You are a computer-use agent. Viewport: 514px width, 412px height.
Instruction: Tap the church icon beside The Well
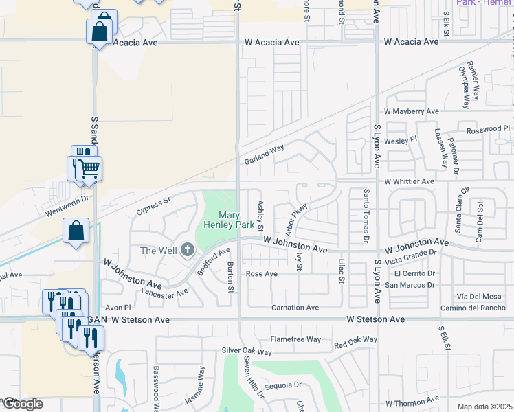point(188,251)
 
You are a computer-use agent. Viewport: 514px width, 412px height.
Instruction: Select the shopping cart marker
point(88,168)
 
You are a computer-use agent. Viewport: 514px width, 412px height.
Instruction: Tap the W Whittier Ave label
point(410,181)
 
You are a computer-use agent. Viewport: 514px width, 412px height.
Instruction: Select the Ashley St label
point(260,215)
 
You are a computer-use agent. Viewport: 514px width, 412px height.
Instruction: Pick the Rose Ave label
point(261,274)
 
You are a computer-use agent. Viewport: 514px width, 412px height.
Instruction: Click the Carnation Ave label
point(295,308)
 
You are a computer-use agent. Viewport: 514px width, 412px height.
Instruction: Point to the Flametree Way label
point(295,339)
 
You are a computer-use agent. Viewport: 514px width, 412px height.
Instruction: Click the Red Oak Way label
point(355,340)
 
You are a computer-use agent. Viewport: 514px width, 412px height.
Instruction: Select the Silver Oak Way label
point(246,352)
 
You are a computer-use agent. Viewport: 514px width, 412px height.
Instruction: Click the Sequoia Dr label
point(284,385)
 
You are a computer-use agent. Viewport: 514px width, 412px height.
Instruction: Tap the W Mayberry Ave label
point(412,111)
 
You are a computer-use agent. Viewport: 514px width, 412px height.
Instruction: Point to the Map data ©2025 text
point(484,407)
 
